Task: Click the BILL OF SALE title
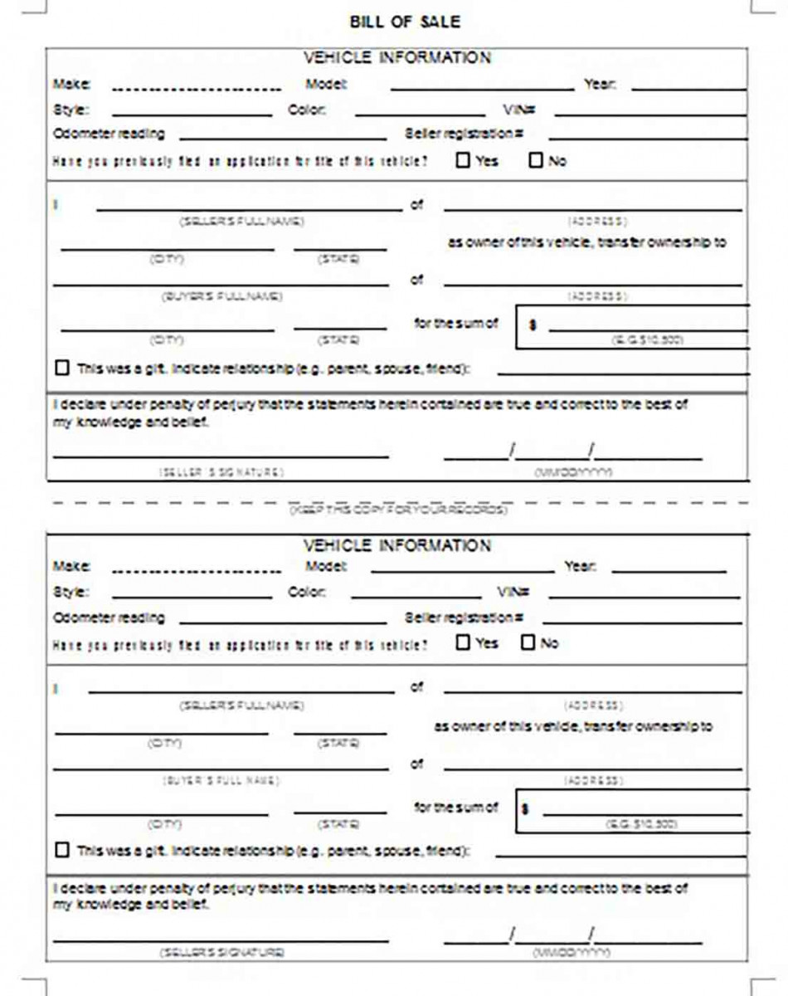[405, 22]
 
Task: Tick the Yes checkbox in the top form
[463, 159]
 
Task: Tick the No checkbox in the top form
[535, 159]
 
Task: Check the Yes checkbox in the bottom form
[463, 642]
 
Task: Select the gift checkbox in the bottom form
[62, 850]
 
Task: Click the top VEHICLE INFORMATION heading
[396, 57]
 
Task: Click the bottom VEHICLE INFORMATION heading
[396, 545]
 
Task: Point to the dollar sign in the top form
[533, 325]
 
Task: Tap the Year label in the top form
[599, 85]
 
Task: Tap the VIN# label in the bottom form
[513, 593]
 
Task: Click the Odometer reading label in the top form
[109, 134]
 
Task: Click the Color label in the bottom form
[307, 593]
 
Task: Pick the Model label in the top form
[326, 85]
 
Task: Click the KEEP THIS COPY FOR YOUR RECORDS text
[398, 510]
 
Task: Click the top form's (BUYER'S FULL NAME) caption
[221, 296]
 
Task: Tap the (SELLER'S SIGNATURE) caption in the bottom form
[221, 952]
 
